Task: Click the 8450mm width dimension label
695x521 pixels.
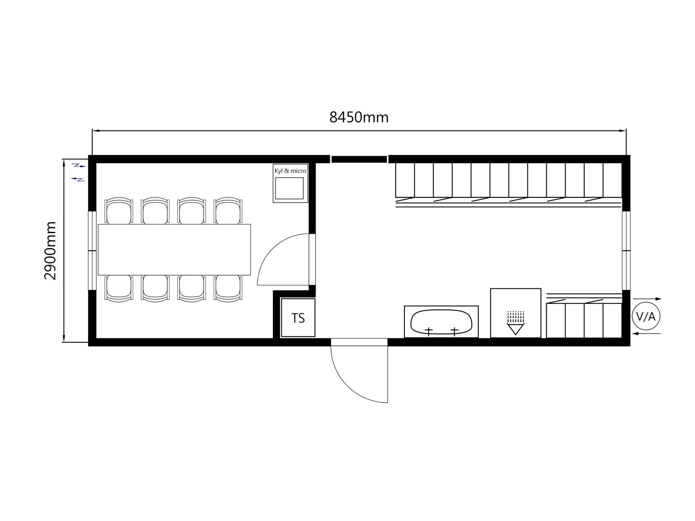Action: [359, 118]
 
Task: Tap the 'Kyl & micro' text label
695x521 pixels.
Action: [290, 171]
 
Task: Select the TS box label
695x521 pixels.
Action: [298, 318]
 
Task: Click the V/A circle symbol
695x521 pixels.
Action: [646, 317]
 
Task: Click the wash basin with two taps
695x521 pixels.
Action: [441, 322]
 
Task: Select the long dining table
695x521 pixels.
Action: [174, 250]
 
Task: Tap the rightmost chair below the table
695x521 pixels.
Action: [228, 288]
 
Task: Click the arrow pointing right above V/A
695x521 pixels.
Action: [647, 299]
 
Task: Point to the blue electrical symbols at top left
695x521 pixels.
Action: [79, 172]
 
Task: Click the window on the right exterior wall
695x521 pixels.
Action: [626, 250]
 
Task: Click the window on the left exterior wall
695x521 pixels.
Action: [92, 250]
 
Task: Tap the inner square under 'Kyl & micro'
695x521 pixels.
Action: [289, 188]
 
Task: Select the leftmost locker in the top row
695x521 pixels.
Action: [405, 180]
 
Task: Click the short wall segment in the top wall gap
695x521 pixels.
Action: [359, 159]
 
